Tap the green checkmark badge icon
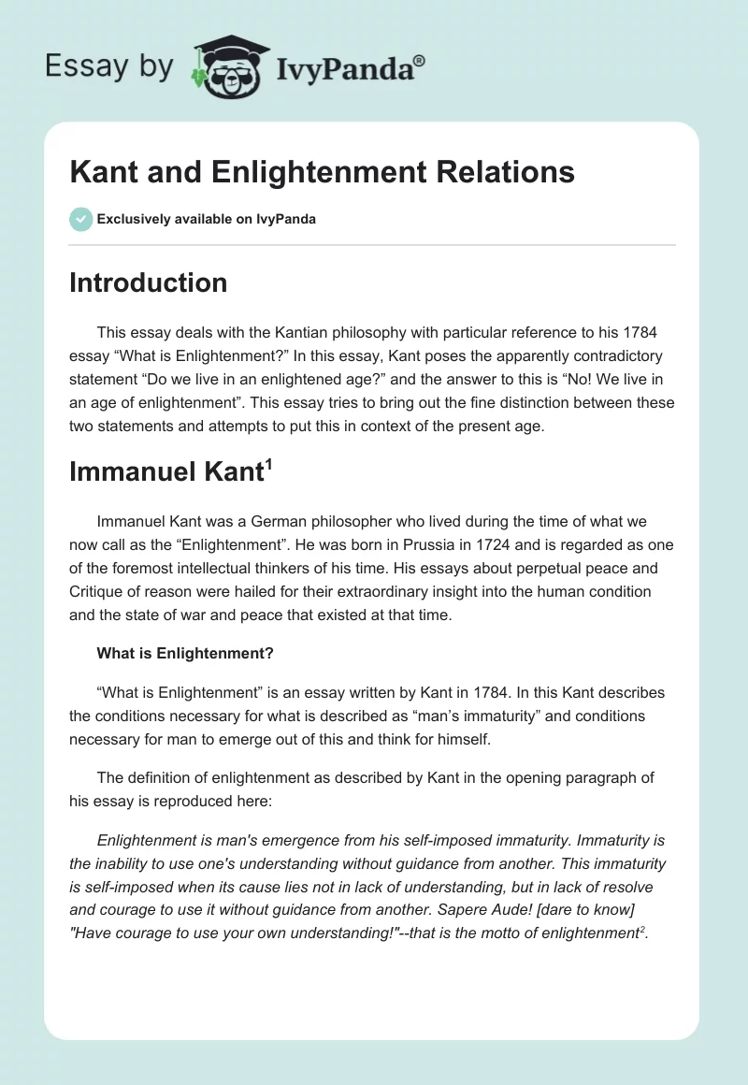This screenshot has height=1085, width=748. pyautogui.click(x=80, y=219)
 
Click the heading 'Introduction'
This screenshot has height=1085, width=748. pyautogui.click(x=148, y=282)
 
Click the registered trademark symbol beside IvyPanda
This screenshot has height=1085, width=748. pyautogui.click(x=419, y=60)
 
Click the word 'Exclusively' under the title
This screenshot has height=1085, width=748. pyautogui.click(x=134, y=219)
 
